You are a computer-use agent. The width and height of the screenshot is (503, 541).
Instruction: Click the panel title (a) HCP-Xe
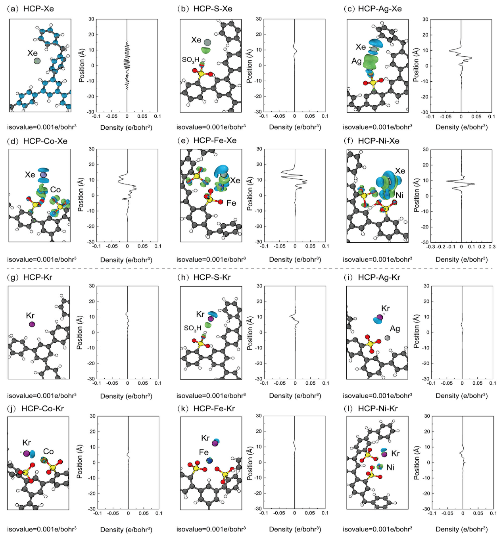pyautogui.click(x=31, y=9)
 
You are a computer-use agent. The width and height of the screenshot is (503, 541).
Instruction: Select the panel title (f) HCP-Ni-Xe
pyautogui.click(x=372, y=141)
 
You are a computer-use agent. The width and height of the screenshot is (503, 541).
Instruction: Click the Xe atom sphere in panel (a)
pyautogui.click(x=37, y=61)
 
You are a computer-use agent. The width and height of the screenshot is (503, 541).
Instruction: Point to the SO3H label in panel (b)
pyautogui.click(x=190, y=60)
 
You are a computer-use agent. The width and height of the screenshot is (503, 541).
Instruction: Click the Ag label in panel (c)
pyautogui.click(x=356, y=61)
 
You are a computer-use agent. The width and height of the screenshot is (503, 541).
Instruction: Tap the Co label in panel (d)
pyautogui.click(x=56, y=190)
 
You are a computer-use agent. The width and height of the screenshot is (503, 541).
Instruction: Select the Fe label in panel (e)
pyautogui.click(x=231, y=203)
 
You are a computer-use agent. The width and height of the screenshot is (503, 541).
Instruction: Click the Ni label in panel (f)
pyautogui.click(x=399, y=195)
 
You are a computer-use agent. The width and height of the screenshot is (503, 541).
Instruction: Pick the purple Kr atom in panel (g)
pyautogui.click(x=32, y=324)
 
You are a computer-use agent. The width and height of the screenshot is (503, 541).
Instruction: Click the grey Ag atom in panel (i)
pyautogui.click(x=387, y=338)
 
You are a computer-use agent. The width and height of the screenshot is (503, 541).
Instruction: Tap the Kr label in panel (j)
pyautogui.click(x=27, y=443)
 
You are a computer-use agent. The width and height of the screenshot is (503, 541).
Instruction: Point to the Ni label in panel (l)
pyautogui.click(x=390, y=467)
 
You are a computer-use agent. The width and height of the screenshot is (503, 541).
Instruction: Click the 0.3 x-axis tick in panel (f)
pyautogui.click(x=492, y=247)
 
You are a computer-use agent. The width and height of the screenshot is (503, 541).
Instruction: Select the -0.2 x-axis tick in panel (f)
pyautogui.click(x=441, y=247)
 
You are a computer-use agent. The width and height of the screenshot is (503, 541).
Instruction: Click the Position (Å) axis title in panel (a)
pyautogui.click(x=82, y=65)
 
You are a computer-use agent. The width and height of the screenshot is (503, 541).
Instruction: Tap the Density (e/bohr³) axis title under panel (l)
pyautogui.click(x=462, y=529)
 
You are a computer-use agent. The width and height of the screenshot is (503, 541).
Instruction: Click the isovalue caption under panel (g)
pyautogui.click(x=42, y=395)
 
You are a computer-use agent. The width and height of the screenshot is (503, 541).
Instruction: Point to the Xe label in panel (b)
pyautogui.click(x=196, y=40)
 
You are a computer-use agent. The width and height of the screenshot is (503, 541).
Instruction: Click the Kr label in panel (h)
pyautogui.click(x=200, y=314)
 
